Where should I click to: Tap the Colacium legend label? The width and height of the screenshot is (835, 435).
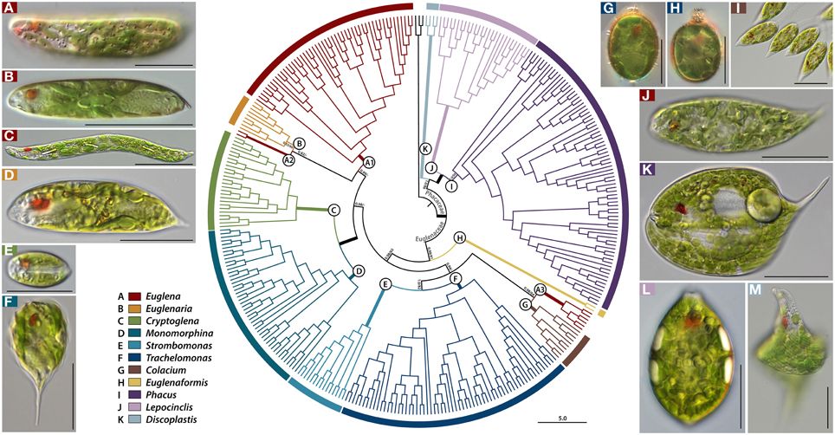coord(165,369)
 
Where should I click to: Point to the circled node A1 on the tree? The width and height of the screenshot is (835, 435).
coord(370,162)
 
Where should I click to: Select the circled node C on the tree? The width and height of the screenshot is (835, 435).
coord(333,210)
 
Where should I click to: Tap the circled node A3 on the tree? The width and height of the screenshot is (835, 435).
coord(540,289)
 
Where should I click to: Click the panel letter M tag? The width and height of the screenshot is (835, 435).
coord(754,289)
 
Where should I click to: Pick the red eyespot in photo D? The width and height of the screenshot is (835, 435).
coord(40,205)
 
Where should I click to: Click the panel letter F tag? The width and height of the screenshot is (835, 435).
coord(10,304)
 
